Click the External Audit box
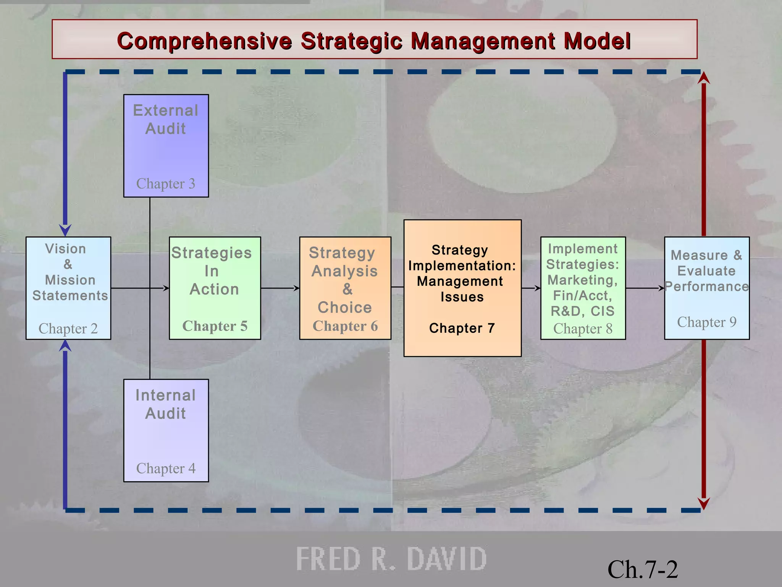click(166, 146)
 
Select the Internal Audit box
click(166, 430)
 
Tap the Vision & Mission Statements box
click(68, 288)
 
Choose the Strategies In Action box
click(215, 288)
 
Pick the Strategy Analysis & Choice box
click(345, 288)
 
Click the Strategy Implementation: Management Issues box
click(462, 288)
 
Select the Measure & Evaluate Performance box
click(707, 288)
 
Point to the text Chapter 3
click(166, 184)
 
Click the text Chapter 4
click(166, 469)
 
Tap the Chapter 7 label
click(462, 328)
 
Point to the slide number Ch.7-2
click(643, 570)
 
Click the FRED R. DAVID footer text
click(391, 559)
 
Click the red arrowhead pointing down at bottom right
click(704, 504)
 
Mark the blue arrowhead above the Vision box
click(65, 230)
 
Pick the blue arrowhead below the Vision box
click(65, 345)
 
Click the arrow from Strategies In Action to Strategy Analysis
click(280, 288)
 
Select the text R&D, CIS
click(583, 311)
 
